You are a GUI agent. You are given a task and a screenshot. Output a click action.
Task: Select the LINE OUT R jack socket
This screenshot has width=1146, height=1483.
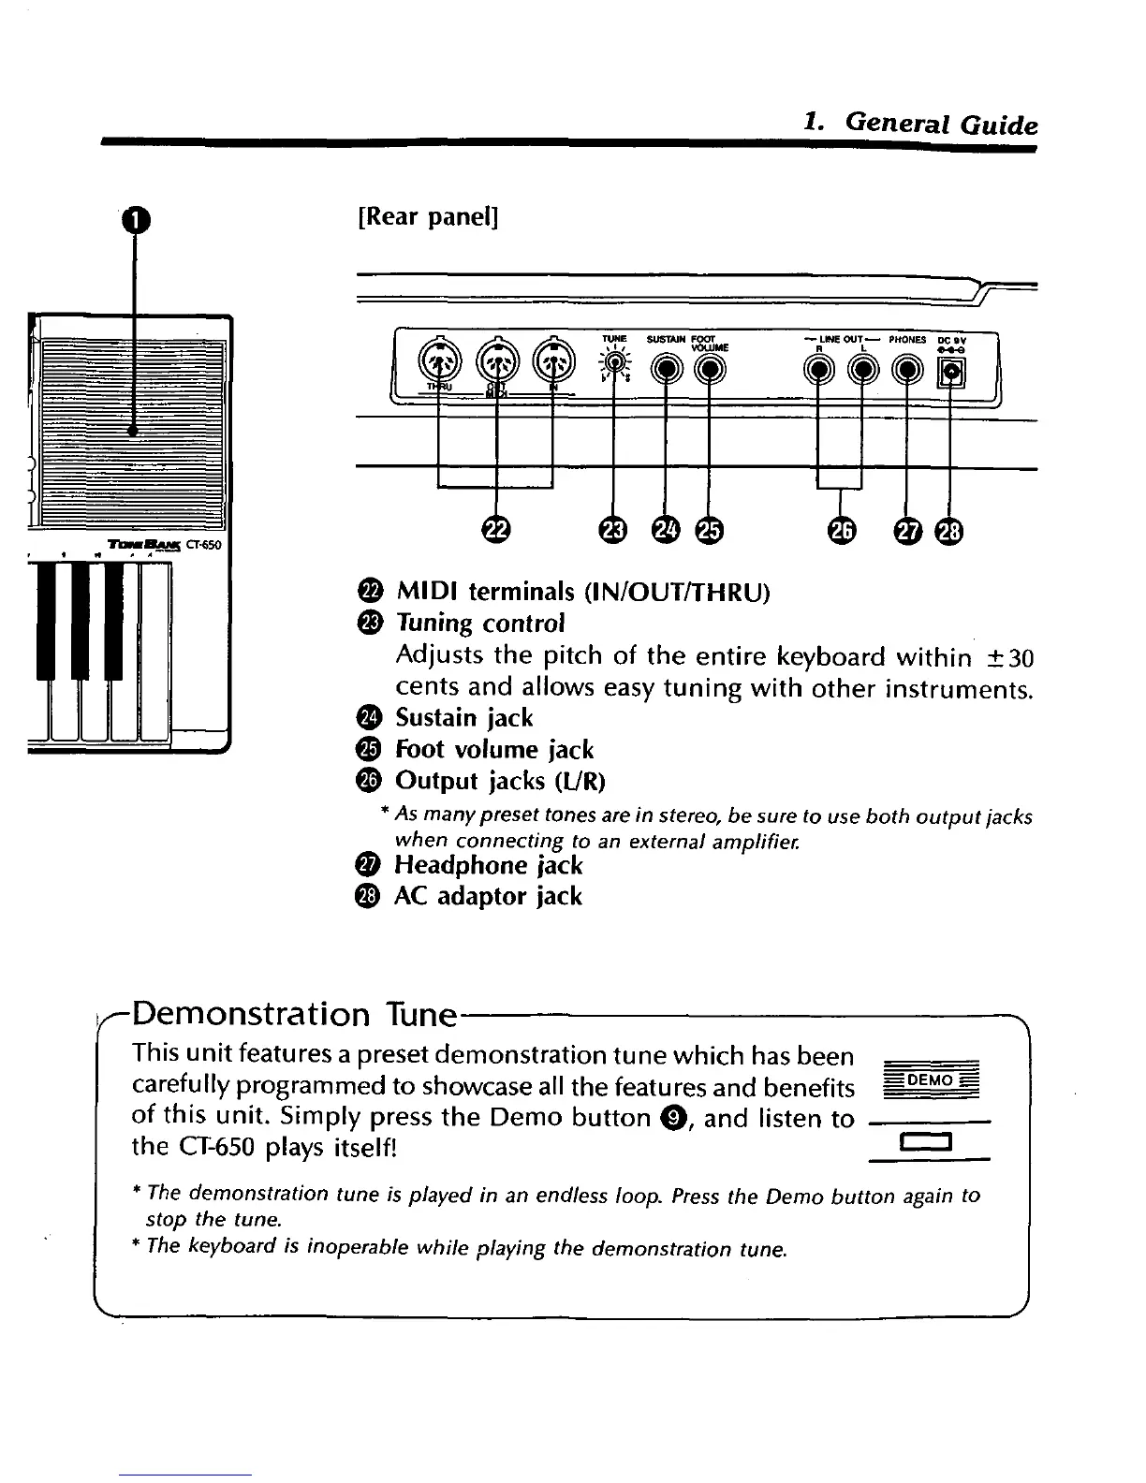point(819,371)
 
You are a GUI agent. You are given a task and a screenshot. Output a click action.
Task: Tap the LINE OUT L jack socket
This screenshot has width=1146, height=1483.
point(862,371)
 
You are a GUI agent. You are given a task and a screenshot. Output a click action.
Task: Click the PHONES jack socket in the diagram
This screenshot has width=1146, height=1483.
point(905,371)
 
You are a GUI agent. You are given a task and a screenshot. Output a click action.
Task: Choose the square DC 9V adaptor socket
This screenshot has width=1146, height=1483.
point(951,372)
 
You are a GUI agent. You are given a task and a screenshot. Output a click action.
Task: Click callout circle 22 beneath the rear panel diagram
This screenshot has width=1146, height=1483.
point(497,531)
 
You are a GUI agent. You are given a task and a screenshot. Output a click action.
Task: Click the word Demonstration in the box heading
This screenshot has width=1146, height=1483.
point(252,1014)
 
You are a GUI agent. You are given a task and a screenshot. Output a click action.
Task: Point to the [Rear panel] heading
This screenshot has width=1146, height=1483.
point(428,217)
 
